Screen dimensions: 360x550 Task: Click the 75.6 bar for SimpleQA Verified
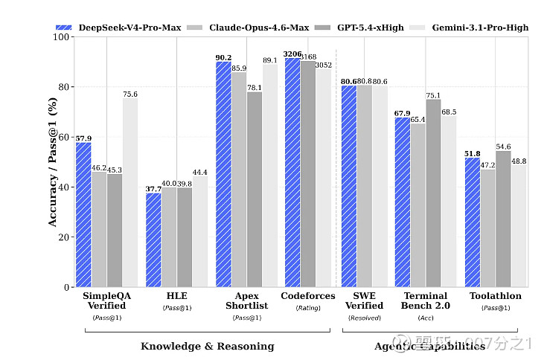pos(130,193)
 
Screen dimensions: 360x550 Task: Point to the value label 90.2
pos(223,57)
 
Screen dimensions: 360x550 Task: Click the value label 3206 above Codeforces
pos(292,54)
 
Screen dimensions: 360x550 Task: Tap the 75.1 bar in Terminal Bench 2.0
pos(432,193)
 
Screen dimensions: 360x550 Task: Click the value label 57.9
pos(83,138)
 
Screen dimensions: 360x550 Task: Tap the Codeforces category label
pos(308,296)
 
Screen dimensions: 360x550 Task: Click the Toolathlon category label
pos(496,296)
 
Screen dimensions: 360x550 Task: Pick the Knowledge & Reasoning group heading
pos(207,346)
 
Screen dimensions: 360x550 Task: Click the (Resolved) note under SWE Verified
pos(364,318)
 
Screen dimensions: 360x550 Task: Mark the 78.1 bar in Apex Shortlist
pos(254,189)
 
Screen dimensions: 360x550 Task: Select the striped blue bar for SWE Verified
pos(348,186)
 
